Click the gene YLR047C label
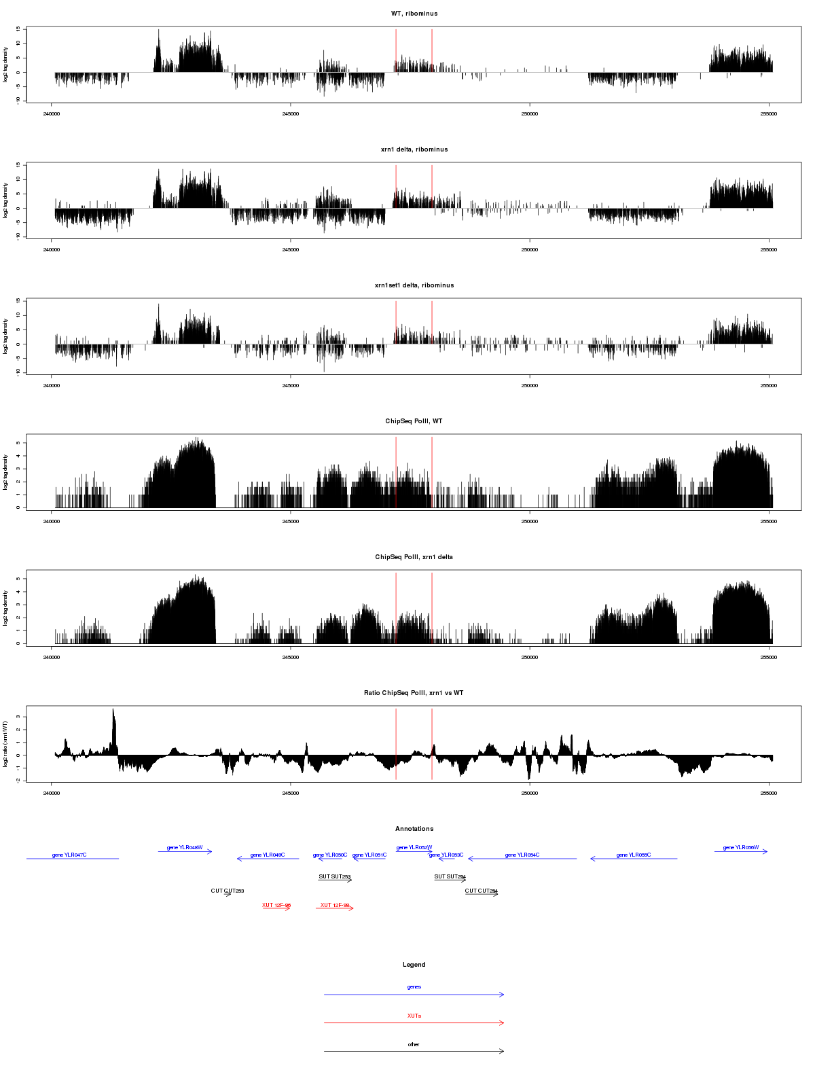click(69, 855)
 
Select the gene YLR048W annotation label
click(185, 847)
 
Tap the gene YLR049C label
click(268, 855)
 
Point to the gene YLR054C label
click(522, 855)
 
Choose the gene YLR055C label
click(634, 855)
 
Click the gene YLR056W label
click(741, 847)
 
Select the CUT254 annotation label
click(482, 891)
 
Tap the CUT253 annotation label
click(228, 891)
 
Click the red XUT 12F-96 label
click(276, 905)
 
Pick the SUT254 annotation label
click(450, 876)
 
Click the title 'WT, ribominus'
click(414, 14)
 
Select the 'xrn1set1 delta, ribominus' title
click(414, 285)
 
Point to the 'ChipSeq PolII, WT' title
click(414, 421)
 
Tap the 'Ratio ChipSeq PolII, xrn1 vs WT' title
click(414, 693)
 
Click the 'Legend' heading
click(414, 965)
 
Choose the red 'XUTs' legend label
click(414, 1016)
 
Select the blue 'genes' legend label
click(414, 987)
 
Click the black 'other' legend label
click(414, 1044)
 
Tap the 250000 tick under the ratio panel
click(530, 793)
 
